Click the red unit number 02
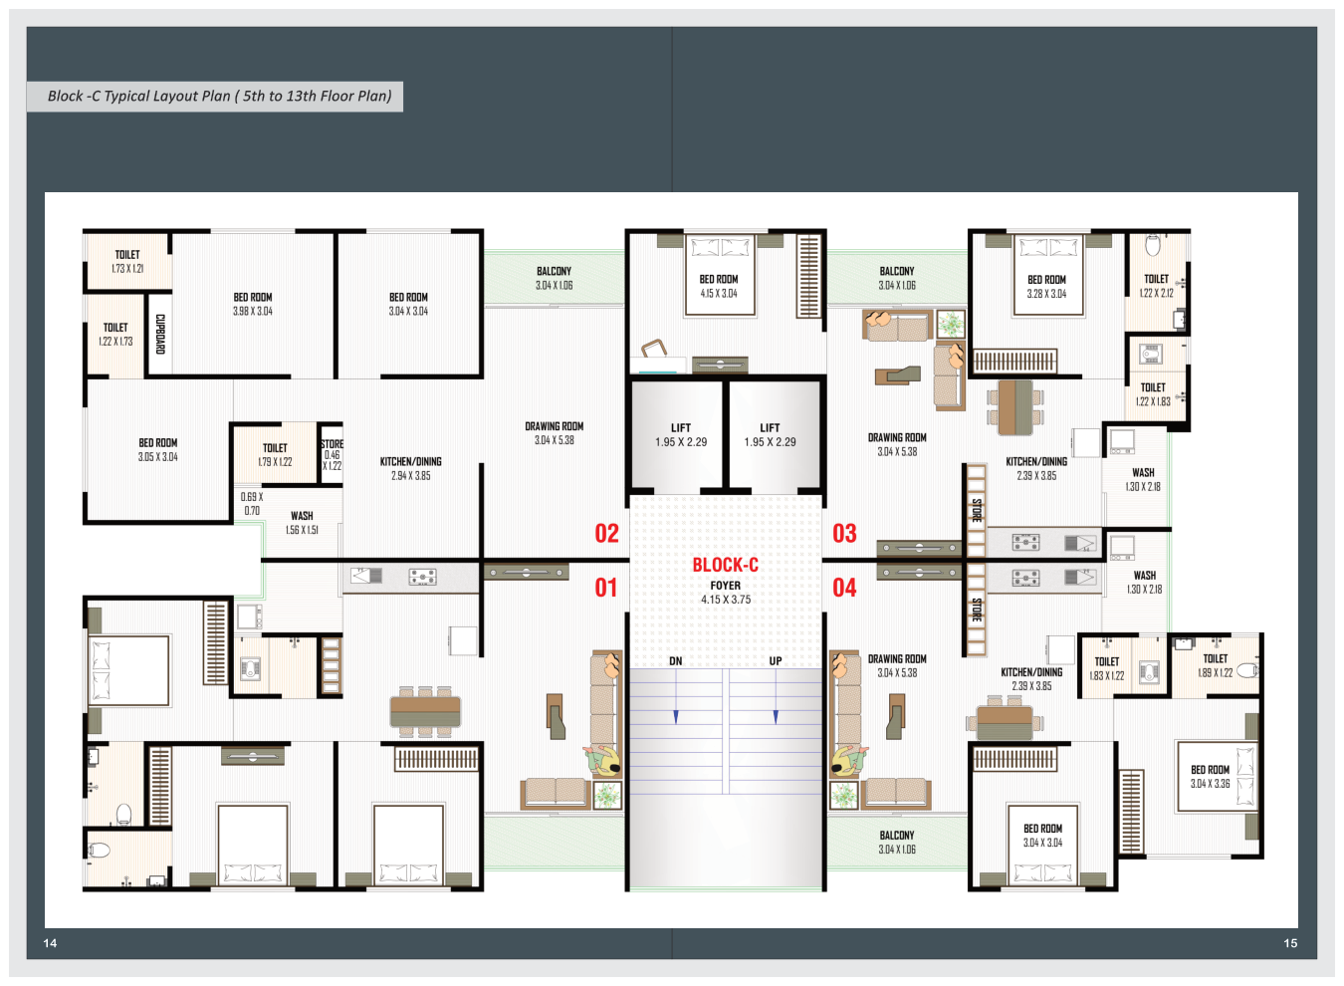[x=606, y=533]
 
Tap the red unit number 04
[x=844, y=588]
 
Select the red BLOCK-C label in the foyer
[x=726, y=565]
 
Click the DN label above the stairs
[x=676, y=660]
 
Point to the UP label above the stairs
[x=776, y=660]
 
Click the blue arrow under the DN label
[x=676, y=696]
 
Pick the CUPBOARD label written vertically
[x=160, y=335]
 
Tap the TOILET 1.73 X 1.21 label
[x=127, y=262]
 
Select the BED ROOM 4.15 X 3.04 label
[x=718, y=286]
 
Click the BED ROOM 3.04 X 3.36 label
[x=1211, y=777]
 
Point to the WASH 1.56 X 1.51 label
[x=302, y=523]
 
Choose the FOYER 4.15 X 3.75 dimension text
[x=726, y=593]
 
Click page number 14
[x=50, y=943]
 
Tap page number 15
[x=1290, y=943]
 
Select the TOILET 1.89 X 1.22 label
[x=1215, y=665]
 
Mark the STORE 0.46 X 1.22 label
[x=332, y=454]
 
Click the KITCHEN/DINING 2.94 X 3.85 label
[x=410, y=469]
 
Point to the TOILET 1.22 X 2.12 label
[x=1156, y=286]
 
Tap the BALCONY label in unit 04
[x=897, y=835]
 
